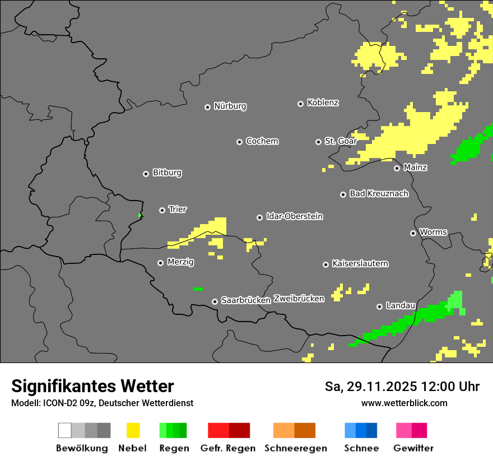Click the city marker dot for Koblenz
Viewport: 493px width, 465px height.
[300, 104]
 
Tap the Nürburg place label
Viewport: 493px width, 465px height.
[230, 106]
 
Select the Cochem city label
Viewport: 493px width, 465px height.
[262, 141]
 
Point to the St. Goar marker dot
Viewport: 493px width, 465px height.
[318, 142]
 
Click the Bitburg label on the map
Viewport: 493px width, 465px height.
[167, 173]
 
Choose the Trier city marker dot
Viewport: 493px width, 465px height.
[162, 210]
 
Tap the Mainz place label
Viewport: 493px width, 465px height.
[415, 167]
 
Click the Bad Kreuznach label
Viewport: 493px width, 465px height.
[379, 193]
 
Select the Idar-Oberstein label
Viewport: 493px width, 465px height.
[294, 216]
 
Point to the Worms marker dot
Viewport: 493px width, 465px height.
[413, 233]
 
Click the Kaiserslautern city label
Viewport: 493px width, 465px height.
[360, 263]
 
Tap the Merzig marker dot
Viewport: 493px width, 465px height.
[160, 263]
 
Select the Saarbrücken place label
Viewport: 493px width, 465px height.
[245, 300]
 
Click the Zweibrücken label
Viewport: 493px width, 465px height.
[299, 299]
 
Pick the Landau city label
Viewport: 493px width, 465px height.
[401, 305]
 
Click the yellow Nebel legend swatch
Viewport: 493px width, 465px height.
[133, 430]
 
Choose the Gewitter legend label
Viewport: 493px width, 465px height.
[413, 448]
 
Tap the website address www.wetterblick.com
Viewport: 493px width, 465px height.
[404, 403]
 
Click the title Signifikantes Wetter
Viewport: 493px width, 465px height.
[92, 386]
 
